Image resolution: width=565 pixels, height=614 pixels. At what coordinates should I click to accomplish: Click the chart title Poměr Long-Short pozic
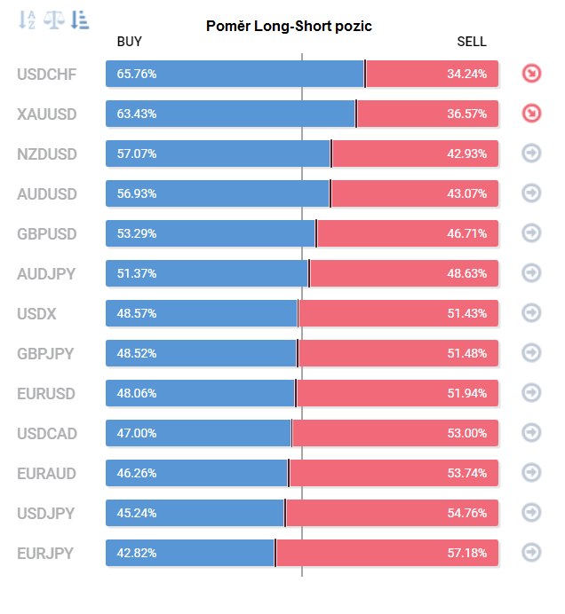(x=289, y=26)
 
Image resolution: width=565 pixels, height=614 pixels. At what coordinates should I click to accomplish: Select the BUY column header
(x=130, y=42)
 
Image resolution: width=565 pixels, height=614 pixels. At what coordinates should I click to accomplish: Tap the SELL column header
(x=472, y=42)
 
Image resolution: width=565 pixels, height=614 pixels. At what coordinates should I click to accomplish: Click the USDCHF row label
(x=46, y=74)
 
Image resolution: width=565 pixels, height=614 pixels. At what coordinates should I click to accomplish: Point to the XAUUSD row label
(x=46, y=114)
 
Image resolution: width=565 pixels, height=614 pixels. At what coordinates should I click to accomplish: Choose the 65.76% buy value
(x=137, y=74)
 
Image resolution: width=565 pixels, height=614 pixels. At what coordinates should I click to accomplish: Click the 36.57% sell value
(x=466, y=114)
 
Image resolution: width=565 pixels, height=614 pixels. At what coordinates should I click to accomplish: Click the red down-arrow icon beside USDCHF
(x=531, y=74)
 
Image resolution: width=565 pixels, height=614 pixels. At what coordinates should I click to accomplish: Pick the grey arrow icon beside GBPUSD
(x=531, y=233)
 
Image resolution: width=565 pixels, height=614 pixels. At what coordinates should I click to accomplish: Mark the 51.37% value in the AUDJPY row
(x=137, y=273)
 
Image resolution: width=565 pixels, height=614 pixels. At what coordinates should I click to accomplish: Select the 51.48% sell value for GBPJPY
(x=466, y=353)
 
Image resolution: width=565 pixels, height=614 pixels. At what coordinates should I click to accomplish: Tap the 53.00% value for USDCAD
(x=466, y=433)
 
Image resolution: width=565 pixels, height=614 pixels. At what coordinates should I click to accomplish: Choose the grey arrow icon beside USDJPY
(x=531, y=513)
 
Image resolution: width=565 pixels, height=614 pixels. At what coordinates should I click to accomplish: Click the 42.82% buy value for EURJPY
(x=137, y=553)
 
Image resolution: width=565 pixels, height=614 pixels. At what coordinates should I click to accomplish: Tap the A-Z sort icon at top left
(x=28, y=20)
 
